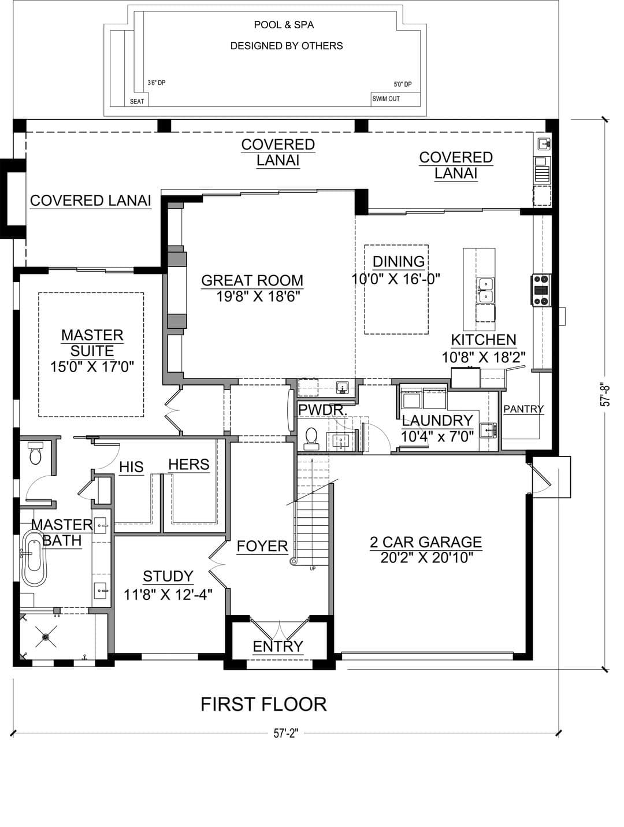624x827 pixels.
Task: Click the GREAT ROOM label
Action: coord(252,281)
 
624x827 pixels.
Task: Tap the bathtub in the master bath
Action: coord(34,558)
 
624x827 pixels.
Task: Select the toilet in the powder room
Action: coord(311,439)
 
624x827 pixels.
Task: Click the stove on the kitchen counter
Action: coord(541,290)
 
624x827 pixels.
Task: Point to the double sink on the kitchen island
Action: coord(485,291)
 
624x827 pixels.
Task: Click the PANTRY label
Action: coord(523,409)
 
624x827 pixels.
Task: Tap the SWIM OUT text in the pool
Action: coord(386,99)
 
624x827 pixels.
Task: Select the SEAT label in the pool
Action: coord(137,101)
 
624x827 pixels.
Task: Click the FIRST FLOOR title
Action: coord(263,704)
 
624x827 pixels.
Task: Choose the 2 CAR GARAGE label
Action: coord(426,542)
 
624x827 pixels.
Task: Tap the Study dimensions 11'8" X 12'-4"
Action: coord(168,595)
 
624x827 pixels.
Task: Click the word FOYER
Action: coord(262,546)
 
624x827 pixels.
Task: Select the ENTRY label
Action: coord(278,647)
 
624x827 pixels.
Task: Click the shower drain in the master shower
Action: coord(46,637)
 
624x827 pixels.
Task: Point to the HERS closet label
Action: coord(189,465)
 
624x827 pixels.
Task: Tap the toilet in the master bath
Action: coord(35,453)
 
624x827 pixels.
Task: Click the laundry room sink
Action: coord(488,430)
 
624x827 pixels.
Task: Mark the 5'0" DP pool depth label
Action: coord(403,84)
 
